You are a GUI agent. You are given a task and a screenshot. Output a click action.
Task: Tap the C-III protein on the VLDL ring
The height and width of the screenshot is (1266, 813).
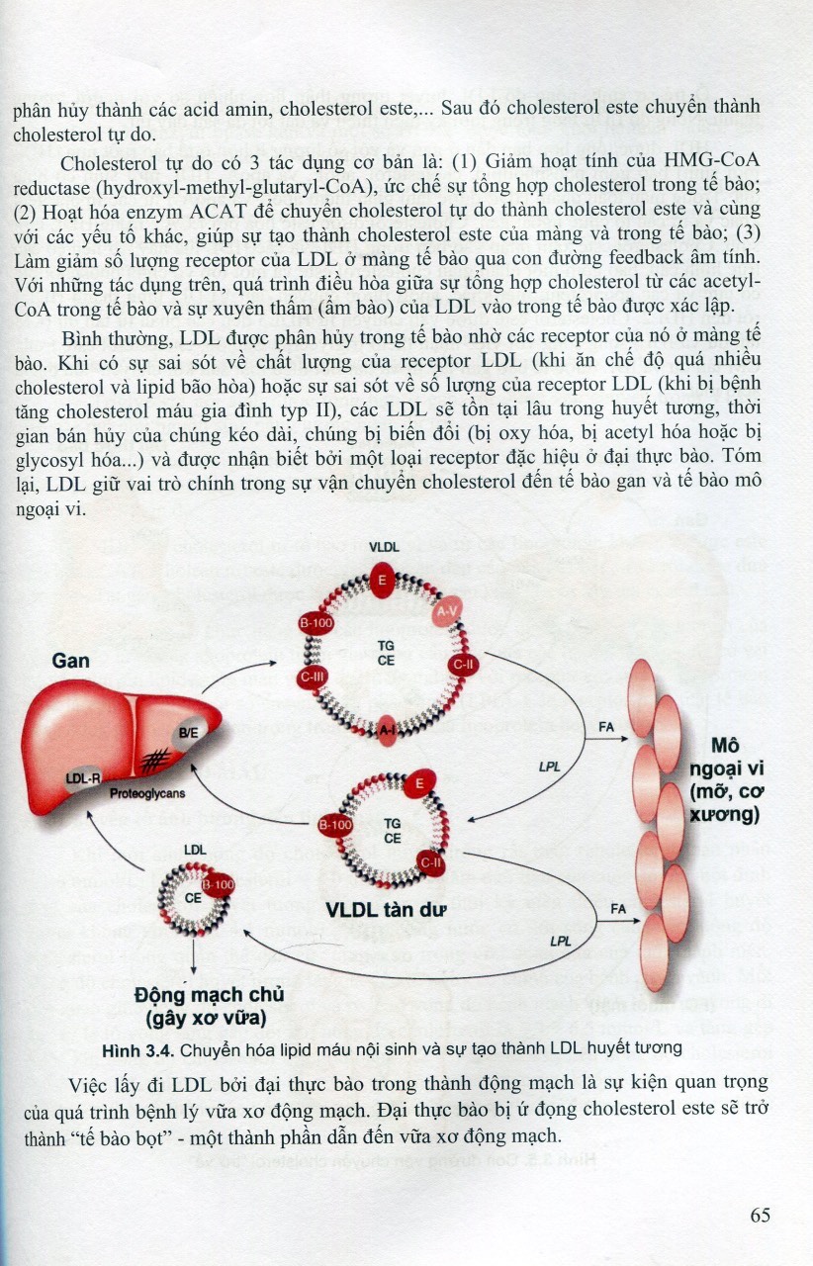click(313, 676)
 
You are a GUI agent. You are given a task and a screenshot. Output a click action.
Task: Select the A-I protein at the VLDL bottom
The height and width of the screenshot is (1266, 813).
click(387, 730)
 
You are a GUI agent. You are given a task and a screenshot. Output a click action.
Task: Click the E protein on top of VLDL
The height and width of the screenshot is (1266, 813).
click(383, 580)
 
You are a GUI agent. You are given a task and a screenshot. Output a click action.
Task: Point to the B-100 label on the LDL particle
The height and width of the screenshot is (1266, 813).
click(219, 884)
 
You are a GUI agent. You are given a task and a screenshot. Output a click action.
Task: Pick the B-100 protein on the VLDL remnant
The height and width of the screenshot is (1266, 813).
click(335, 825)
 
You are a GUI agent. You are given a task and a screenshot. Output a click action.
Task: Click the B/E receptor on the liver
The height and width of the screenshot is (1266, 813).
click(188, 733)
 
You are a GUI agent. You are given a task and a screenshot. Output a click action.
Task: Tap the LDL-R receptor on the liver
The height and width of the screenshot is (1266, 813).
click(83, 778)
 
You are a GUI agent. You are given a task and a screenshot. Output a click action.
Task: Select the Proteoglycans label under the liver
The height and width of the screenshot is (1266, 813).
click(147, 793)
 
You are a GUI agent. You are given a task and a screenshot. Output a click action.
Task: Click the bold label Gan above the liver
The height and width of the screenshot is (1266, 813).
click(70, 661)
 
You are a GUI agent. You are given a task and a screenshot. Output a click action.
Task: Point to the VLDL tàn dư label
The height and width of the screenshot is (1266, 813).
click(386, 910)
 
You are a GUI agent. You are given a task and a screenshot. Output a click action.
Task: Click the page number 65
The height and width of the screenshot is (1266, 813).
click(760, 1215)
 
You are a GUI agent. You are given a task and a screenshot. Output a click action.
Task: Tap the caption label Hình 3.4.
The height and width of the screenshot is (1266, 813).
click(136, 1050)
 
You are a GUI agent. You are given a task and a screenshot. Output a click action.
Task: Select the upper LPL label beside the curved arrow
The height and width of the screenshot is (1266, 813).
click(549, 767)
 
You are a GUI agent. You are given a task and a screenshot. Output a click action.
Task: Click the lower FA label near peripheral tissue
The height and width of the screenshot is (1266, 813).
click(618, 909)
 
